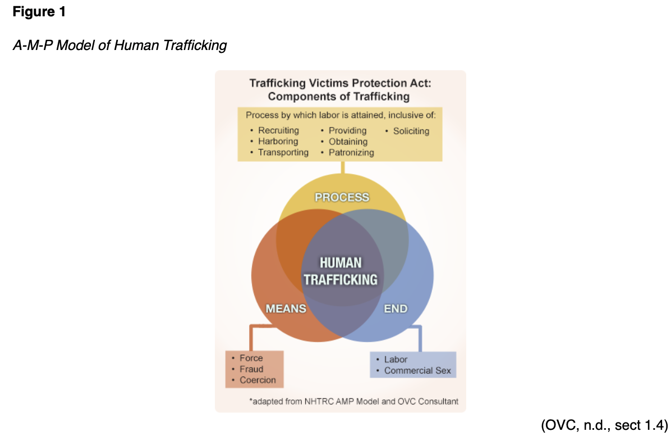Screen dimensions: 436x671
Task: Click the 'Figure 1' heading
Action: pyautogui.click(x=39, y=12)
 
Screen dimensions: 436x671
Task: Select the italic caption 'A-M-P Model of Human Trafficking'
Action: pyautogui.click(x=120, y=45)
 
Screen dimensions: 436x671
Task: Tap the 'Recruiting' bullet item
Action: pyautogui.click(x=278, y=131)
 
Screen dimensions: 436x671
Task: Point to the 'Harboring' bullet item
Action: pyautogui.click(x=278, y=142)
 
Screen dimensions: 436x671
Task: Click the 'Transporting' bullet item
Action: pyautogui.click(x=283, y=152)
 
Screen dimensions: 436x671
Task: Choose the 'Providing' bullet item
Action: pyautogui.click(x=347, y=131)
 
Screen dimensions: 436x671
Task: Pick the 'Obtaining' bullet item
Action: pyautogui.click(x=348, y=142)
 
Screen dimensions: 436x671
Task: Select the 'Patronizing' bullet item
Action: pyautogui.click(x=351, y=152)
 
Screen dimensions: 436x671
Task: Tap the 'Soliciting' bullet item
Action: pyautogui.click(x=411, y=131)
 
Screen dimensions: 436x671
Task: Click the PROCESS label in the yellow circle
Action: pyautogui.click(x=342, y=197)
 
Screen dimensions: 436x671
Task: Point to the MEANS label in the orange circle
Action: pyautogui.click(x=286, y=308)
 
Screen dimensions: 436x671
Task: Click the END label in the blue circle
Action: pyautogui.click(x=395, y=308)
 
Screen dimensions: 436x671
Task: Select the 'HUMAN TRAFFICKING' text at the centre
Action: pyautogui.click(x=341, y=271)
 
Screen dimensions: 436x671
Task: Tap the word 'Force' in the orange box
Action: pyautogui.click(x=251, y=358)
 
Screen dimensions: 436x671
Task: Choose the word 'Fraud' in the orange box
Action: pyautogui.click(x=251, y=369)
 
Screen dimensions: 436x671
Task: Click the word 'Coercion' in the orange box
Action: pyautogui.click(x=258, y=380)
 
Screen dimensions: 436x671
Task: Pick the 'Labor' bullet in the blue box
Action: pyautogui.click(x=396, y=360)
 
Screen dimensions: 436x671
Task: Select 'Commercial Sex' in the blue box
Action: pyautogui.click(x=417, y=371)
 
